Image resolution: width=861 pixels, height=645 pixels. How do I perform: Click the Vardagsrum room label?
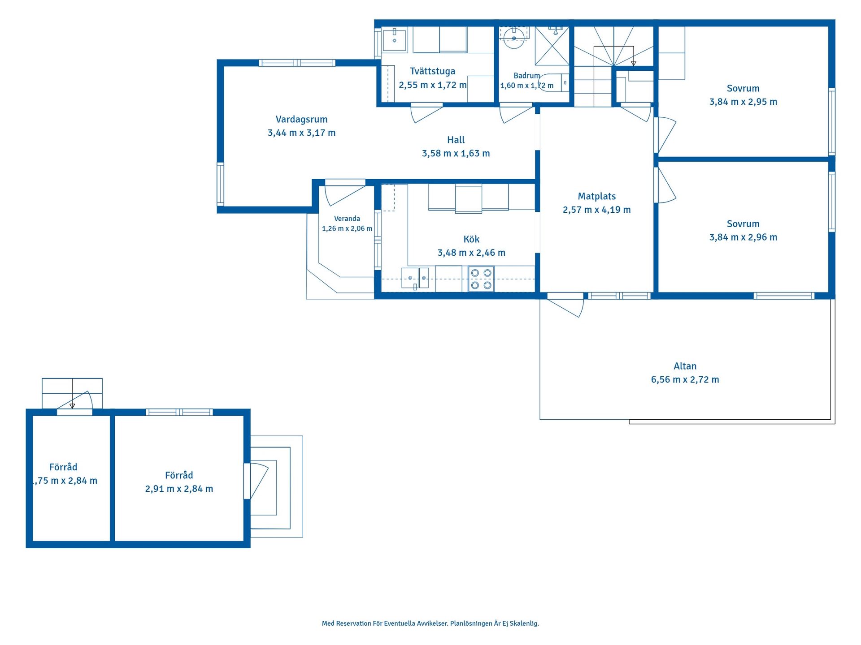[301, 120]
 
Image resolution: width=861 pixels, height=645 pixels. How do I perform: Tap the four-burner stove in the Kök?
[481, 279]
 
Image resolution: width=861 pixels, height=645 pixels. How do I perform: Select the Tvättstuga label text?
[433, 71]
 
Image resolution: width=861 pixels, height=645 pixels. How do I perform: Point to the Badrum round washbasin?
[514, 38]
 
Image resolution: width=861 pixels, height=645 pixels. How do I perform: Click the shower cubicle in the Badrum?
[552, 46]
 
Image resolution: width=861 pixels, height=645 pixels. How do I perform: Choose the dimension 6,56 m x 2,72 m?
[685, 380]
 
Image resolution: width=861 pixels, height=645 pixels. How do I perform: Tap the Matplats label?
[597, 196]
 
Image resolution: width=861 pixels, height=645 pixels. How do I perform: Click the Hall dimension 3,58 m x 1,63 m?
[456, 154]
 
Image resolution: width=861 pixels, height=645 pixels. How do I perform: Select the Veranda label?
[347, 219]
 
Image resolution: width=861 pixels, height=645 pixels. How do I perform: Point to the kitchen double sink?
[415, 278]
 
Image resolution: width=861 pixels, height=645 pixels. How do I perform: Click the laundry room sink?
[395, 40]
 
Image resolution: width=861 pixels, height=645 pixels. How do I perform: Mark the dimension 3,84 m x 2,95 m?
[743, 102]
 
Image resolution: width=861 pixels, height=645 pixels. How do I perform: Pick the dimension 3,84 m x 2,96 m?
[743, 237]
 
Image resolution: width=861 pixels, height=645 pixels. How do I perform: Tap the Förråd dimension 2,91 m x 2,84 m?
[179, 489]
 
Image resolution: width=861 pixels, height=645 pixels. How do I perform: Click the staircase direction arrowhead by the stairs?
[634, 64]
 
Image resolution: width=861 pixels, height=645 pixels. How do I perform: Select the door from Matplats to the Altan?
[565, 305]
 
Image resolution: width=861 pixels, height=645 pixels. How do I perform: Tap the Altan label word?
[685, 366]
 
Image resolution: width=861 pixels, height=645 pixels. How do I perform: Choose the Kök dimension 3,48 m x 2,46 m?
[471, 253]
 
